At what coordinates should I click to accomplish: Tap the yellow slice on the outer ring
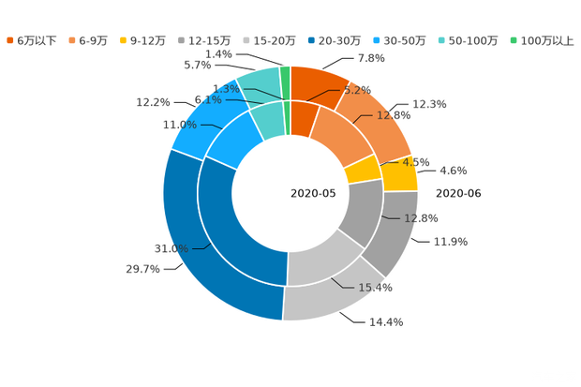click(401, 174)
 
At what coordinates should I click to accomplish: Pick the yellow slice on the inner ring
click(362, 170)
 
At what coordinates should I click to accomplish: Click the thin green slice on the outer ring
click(285, 74)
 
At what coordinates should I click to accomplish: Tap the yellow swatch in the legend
click(124, 40)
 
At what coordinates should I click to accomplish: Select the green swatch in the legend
click(513, 40)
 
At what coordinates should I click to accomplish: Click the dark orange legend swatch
click(9, 40)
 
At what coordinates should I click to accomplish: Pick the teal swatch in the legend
click(441, 40)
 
